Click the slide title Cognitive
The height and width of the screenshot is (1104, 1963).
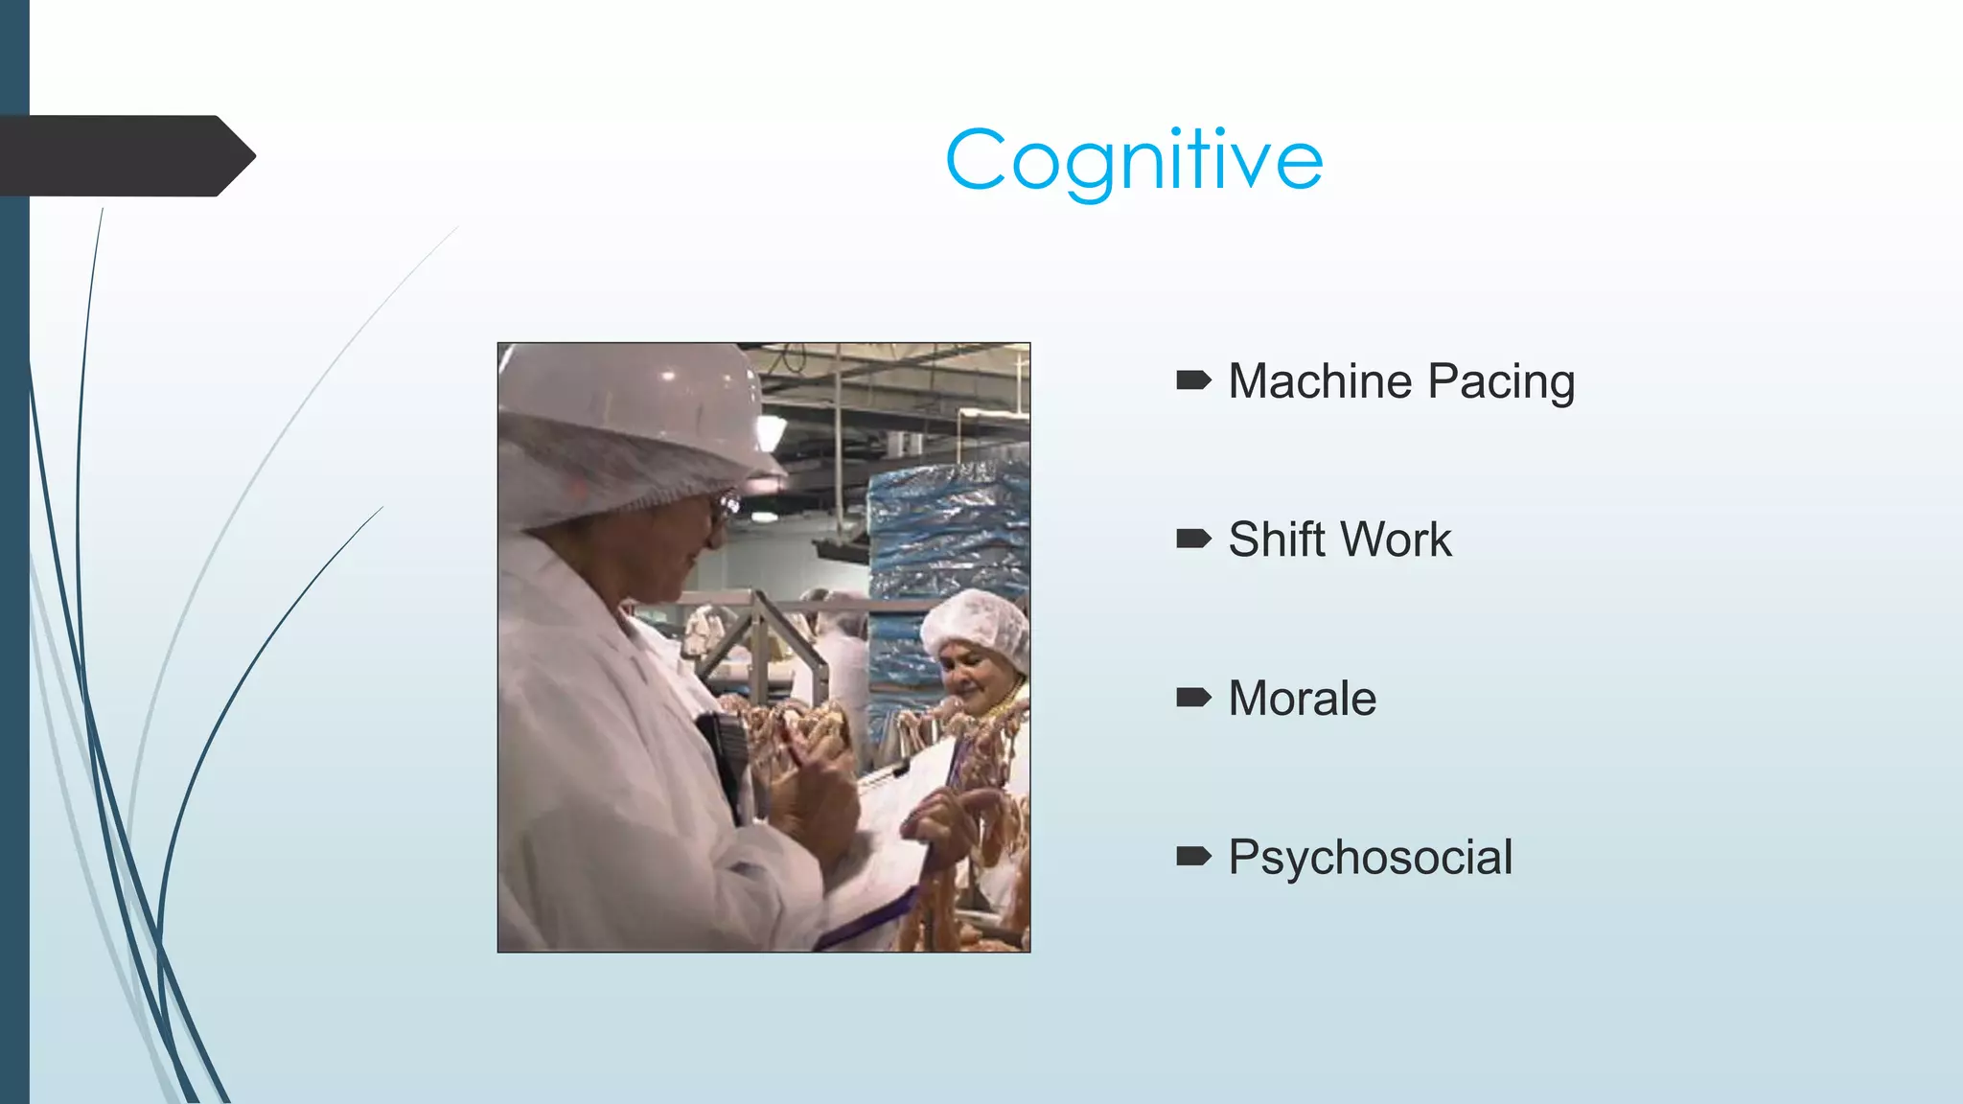tap(1134, 160)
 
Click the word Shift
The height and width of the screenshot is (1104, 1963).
tap(1280, 540)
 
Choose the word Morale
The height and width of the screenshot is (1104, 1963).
tap(1302, 699)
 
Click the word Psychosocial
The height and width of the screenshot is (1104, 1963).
tap(1371, 858)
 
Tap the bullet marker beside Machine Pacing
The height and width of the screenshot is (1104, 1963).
tap(1193, 381)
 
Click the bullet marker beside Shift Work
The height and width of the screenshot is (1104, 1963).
tap(1193, 540)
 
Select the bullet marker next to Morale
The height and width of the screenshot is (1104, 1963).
tap(1193, 698)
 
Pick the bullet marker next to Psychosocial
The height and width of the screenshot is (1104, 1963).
tap(1193, 856)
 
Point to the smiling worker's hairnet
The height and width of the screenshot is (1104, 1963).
tap(976, 620)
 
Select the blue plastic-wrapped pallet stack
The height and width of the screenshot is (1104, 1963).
tap(944, 537)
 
